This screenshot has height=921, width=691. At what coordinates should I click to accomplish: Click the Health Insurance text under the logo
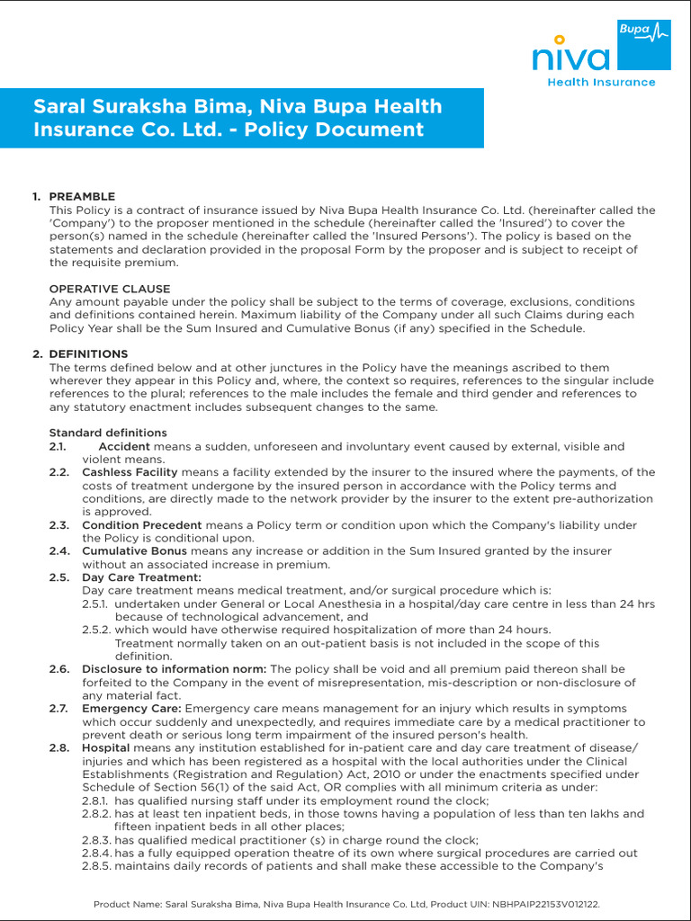(602, 83)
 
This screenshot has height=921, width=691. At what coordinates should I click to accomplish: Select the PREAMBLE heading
(82, 197)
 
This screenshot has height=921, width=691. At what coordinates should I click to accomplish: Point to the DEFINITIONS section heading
(88, 354)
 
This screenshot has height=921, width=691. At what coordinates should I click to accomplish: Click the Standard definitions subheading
(107, 433)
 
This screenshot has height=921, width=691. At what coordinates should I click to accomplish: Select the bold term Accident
(124, 446)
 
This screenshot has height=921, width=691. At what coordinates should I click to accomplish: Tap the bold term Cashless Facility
(130, 472)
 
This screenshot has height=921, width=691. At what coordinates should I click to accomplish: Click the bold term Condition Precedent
(141, 525)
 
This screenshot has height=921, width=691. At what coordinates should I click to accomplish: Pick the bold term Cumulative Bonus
(134, 551)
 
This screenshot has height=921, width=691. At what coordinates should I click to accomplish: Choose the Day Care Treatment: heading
(141, 577)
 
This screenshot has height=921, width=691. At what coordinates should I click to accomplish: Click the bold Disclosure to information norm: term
(174, 669)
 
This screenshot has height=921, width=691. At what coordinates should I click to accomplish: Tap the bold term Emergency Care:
(131, 709)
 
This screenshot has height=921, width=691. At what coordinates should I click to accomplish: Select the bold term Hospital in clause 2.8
(105, 748)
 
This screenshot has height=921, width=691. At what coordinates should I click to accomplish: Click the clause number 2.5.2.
(96, 630)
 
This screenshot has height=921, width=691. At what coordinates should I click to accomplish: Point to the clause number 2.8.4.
(95, 854)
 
